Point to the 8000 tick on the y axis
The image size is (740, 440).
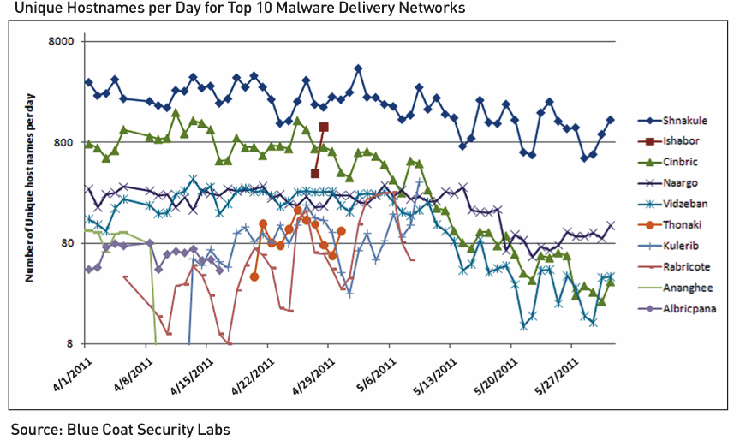[62, 41]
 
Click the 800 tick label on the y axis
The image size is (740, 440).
[65, 142]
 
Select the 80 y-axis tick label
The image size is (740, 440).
[68, 243]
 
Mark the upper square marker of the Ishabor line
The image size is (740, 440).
[324, 127]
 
